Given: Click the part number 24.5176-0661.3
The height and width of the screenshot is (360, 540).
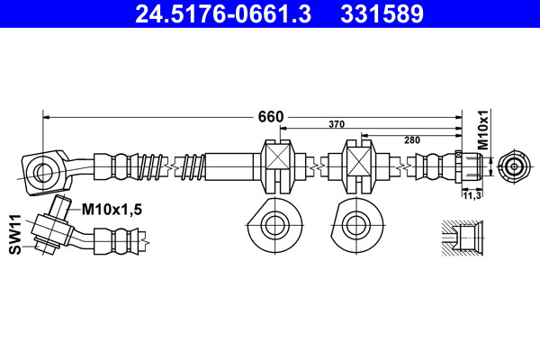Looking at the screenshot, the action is [x=223, y=13].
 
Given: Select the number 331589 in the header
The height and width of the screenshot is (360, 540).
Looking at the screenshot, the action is [x=382, y=13].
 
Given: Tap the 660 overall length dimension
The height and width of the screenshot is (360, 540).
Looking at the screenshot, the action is [x=271, y=117].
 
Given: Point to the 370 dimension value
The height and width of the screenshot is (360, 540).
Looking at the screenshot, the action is [x=337, y=124].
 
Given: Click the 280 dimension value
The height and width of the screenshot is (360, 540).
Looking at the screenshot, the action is [x=412, y=139].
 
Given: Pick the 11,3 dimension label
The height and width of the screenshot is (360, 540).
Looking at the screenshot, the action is [x=472, y=195].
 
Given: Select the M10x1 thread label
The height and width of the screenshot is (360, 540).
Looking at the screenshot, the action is [x=484, y=130].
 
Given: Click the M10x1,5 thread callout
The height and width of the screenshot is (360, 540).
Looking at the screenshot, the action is [x=112, y=210].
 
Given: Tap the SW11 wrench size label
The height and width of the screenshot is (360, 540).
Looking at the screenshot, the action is [x=15, y=234].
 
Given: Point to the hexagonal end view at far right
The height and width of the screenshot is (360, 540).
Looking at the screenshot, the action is [x=514, y=166].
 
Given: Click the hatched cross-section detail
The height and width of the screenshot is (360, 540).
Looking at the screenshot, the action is [x=463, y=238].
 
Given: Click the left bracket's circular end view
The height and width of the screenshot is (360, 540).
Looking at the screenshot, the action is [x=274, y=225].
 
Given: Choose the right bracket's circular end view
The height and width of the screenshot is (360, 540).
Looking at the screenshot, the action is [x=356, y=225].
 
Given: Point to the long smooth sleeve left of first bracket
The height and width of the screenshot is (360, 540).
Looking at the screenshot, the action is [x=229, y=166].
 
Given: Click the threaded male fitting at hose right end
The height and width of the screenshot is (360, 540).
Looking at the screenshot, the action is [x=469, y=166].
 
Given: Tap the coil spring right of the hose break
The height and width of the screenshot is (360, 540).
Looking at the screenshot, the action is [x=193, y=166].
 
